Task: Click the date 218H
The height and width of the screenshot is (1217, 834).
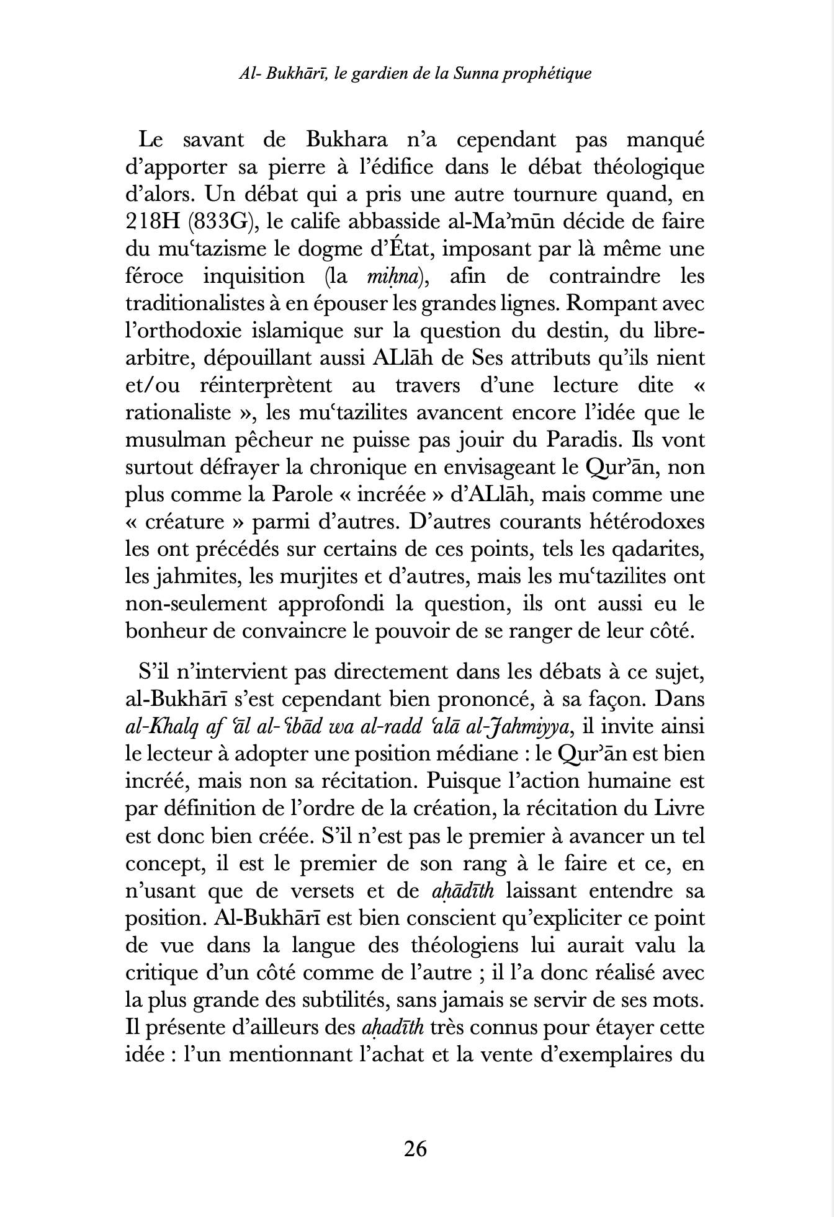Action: [151, 221]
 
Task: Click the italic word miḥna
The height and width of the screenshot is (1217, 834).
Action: [393, 276]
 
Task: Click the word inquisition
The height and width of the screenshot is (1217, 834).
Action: [254, 276]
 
